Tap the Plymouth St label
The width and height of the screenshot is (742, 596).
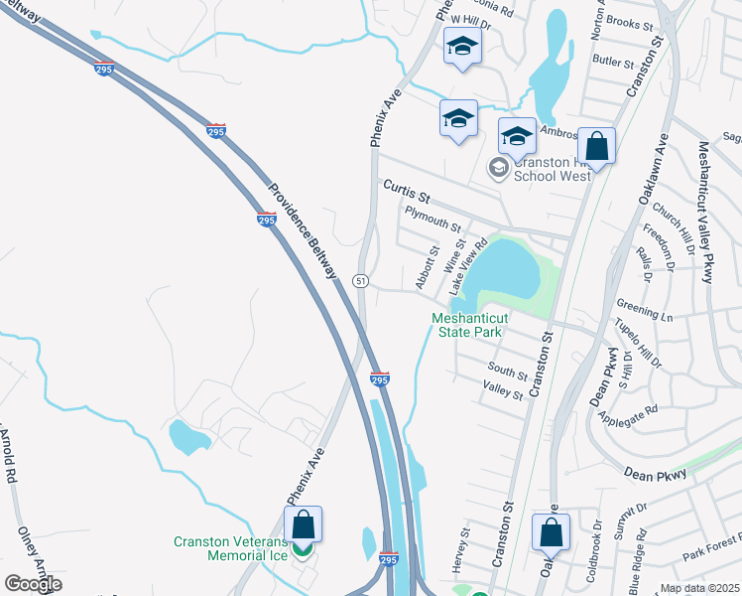433,219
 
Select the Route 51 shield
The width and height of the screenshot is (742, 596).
362,282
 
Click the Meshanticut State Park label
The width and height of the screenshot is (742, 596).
469,325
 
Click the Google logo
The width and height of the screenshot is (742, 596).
33,584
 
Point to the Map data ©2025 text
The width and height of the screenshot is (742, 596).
700,588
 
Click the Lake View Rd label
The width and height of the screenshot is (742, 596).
467,266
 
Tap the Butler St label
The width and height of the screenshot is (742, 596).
613,62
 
